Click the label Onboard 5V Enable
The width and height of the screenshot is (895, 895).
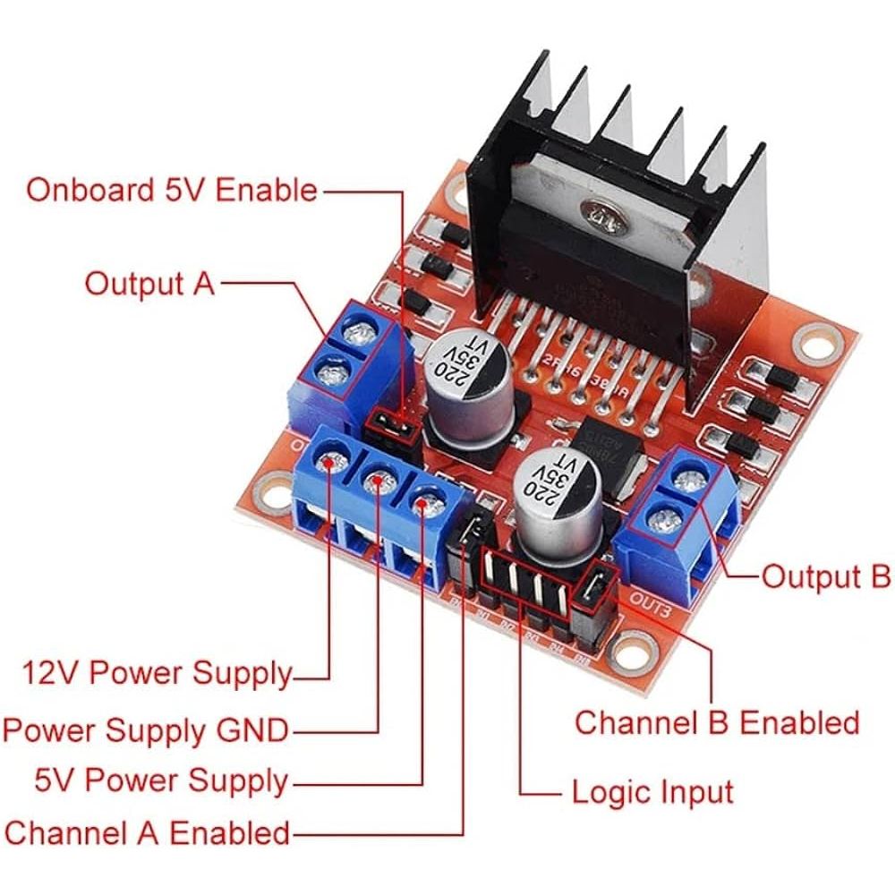click(171, 191)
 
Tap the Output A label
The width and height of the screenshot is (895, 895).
click(149, 284)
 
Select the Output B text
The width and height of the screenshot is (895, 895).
click(825, 576)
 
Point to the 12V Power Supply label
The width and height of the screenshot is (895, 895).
click(158, 671)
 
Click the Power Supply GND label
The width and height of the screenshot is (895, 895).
click(146, 730)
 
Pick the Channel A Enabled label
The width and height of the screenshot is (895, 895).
click(148, 832)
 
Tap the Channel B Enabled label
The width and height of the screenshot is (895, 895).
click(716, 722)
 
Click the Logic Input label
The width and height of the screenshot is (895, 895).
click(652, 792)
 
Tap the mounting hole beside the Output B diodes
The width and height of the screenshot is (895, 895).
click(815, 342)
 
